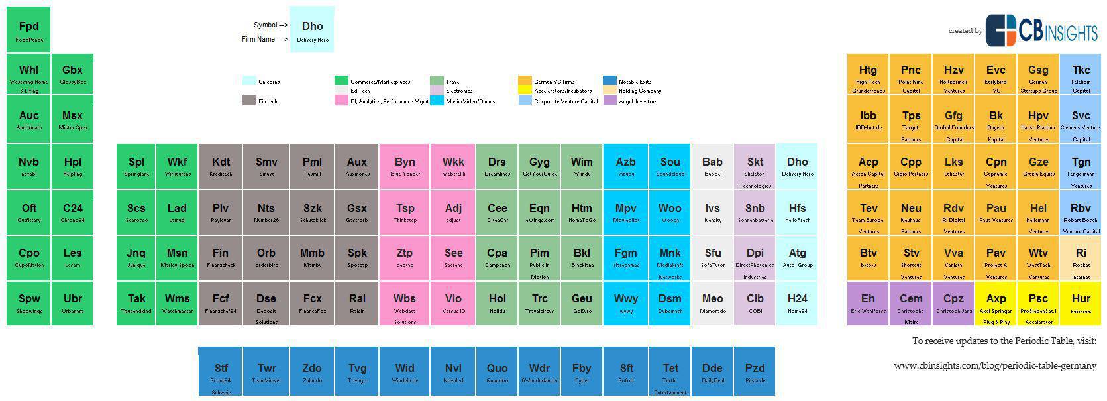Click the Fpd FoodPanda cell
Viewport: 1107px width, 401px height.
(28, 30)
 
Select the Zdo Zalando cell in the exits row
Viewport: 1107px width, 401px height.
(312, 371)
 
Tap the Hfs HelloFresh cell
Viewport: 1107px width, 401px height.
(797, 212)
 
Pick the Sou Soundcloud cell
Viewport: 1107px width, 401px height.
(670, 166)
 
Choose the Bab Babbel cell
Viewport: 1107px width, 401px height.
(712, 166)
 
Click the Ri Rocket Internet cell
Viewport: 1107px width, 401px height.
(1081, 258)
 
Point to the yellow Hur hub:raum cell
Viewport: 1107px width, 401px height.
(1081, 303)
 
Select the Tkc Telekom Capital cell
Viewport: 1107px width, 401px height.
(1081, 74)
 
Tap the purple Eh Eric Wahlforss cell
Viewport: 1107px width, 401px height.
(868, 303)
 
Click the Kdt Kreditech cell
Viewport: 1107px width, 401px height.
(221, 166)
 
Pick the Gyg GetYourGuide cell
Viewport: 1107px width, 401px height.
(539, 166)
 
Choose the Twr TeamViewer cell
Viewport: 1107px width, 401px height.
(267, 371)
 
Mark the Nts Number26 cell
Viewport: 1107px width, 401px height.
(266, 212)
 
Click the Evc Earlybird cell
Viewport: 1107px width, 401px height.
(996, 74)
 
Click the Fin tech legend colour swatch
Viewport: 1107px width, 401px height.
(249, 101)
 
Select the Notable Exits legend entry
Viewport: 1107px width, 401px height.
(635, 82)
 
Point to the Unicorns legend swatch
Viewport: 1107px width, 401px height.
(249, 81)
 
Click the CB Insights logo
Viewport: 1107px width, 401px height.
(1041, 30)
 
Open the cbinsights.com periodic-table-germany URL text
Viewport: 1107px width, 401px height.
(995, 365)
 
